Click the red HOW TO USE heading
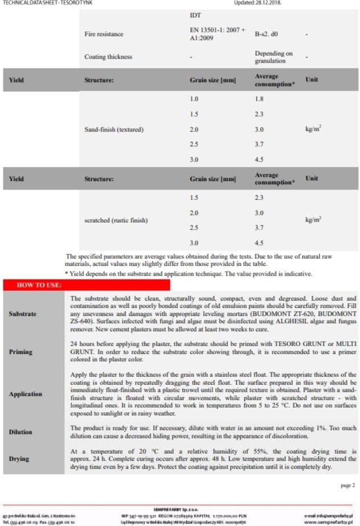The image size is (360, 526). tap(39, 285)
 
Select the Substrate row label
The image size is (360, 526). tap(23, 314)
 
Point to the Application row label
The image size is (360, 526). tap(26, 394)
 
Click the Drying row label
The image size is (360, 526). tap(19, 458)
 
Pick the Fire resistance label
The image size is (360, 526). tap(104, 34)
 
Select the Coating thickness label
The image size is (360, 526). tap(108, 57)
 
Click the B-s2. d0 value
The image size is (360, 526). tap(267, 34)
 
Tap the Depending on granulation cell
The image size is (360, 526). tap(273, 57)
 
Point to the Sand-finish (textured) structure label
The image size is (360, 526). tap(114, 129)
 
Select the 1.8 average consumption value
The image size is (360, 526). tap(259, 99)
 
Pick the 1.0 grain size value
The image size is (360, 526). tap(194, 99)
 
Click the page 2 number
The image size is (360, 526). tap(347, 485)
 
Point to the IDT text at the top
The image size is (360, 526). tap(195, 15)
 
